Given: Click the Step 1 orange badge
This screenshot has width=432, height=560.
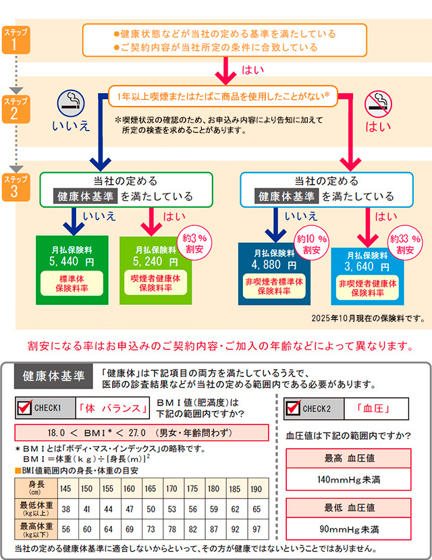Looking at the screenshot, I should tap(16, 41).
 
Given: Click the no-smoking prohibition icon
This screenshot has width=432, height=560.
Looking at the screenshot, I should tap(377, 104).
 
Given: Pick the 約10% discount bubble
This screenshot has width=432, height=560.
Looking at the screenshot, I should tap(312, 244).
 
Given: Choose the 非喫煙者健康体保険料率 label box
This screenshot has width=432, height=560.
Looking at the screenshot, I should tap(367, 289).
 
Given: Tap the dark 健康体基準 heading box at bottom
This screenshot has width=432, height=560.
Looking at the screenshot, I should tap(53, 376).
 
